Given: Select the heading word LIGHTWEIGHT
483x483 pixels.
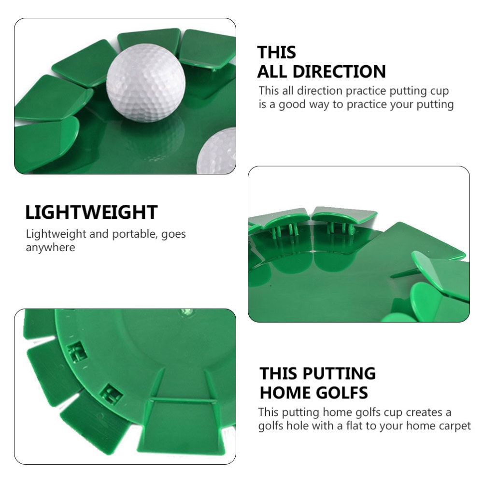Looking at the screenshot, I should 91,212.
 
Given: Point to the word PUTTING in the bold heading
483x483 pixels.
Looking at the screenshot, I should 338,373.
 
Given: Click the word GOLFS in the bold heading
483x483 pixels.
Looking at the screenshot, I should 342,392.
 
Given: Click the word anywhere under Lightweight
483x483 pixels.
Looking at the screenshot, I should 50,247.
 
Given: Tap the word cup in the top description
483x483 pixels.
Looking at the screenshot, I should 440,90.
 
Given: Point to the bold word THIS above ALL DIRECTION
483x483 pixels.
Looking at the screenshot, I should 277,52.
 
